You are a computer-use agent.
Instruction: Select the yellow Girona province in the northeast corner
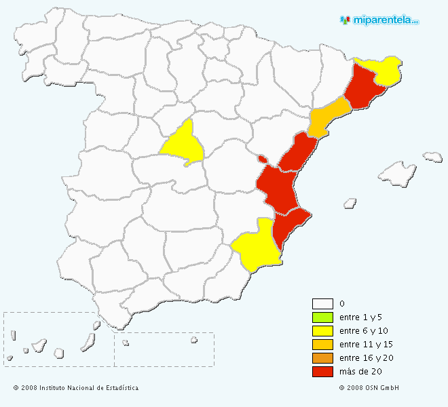click(x=383, y=69)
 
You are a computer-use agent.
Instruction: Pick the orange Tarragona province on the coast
click(x=328, y=116)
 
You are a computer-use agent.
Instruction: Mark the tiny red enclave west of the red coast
click(x=262, y=159)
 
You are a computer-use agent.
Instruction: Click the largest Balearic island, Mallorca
click(x=397, y=174)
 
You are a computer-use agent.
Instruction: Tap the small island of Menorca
click(x=432, y=157)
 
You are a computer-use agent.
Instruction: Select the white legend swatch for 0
click(x=322, y=304)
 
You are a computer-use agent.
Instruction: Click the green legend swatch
click(x=322, y=317)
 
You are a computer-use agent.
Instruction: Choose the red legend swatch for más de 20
click(x=322, y=372)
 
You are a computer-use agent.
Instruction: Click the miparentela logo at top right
click(x=379, y=20)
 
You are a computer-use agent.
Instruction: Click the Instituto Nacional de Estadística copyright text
click(x=76, y=388)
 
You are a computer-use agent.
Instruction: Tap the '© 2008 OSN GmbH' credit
click(x=369, y=388)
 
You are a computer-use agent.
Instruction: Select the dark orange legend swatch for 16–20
click(x=322, y=358)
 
